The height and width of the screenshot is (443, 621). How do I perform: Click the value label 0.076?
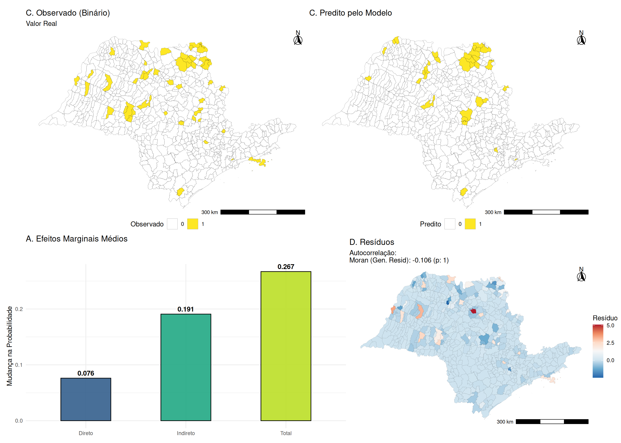pos(85,373)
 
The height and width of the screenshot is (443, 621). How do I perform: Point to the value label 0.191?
pos(186,309)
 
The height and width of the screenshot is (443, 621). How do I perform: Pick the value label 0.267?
pos(286,266)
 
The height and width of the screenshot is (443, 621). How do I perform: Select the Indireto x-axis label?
pos(186,433)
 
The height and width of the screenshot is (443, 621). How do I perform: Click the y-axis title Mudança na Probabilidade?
pos(9,346)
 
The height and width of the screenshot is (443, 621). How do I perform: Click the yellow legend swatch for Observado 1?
pos(192,224)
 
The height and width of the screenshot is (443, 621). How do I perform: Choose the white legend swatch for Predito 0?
pos(450,224)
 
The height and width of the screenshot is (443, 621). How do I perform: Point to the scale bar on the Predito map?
pos(546,212)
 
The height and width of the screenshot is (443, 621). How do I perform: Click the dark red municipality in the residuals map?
pos(473,311)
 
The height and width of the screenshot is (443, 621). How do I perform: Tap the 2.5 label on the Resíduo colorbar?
pos(610,343)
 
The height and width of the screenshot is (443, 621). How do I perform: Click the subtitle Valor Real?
pos(41,24)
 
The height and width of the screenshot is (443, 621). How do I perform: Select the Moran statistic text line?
pos(399,260)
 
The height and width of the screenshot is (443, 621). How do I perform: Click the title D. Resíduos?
pos(372,242)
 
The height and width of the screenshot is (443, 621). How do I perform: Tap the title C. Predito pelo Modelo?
pos(350,13)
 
